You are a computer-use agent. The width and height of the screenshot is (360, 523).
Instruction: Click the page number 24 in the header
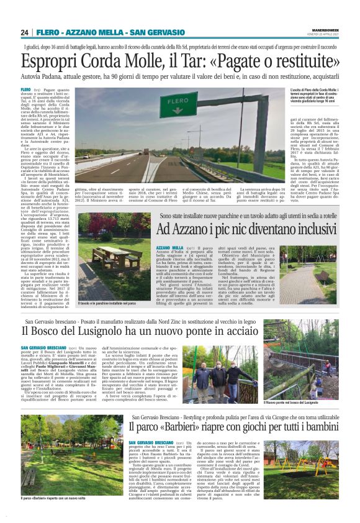[x=25, y=32]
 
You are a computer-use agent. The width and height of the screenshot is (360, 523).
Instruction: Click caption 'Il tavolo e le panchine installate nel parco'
[x=108, y=303]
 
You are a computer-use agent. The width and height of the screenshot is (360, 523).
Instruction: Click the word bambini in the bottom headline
[x=317, y=410]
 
